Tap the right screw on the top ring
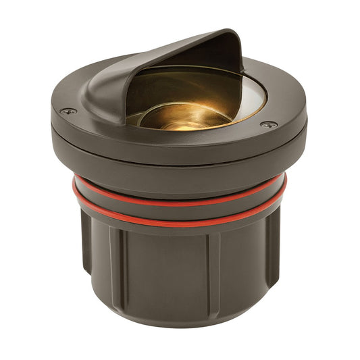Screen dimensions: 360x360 pyautogui.click(x=267, y=125)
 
